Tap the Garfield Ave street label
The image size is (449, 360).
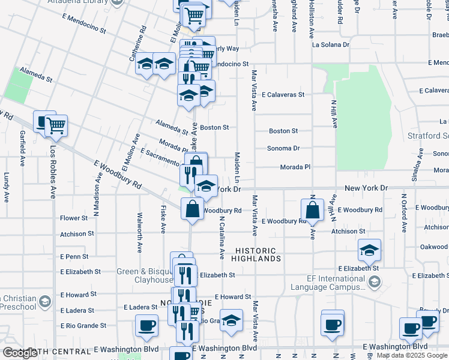point(22,144)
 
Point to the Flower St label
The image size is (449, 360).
point(74,218)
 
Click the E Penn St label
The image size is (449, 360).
point(74,257)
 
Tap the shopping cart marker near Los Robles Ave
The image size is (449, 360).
point(56,126)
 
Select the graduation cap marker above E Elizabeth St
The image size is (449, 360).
point(369,250)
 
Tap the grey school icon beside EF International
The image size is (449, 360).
point(375,282)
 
